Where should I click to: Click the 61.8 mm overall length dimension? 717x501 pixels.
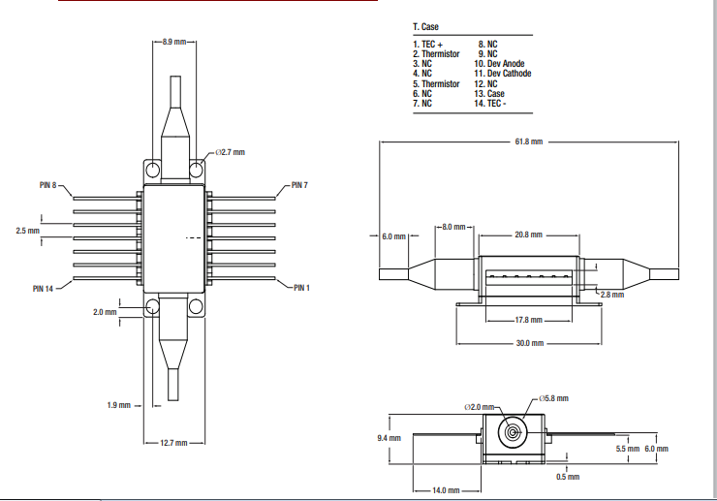tap(528, 141)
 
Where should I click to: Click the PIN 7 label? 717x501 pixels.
tap(298, 185)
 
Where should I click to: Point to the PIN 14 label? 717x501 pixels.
tap(44, 288)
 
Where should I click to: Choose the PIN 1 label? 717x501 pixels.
tap(301, 288)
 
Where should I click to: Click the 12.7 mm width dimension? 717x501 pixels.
tap(174, 443)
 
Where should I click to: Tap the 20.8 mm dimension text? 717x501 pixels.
tap(528, 235)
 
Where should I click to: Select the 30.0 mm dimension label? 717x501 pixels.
tap(529, 343)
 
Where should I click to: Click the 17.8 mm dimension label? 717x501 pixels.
tap(529, 319)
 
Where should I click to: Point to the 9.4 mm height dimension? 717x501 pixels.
tap(388, 438)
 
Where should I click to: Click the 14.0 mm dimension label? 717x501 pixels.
tap(447, 490)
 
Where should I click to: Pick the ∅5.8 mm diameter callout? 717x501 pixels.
tap(554, 398)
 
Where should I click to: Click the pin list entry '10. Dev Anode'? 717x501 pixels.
tap(499, 64)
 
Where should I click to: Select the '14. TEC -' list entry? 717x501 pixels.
tap(492, 103)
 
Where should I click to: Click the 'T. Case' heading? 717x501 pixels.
tap(425, 26)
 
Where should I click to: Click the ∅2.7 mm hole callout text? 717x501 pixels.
tap(231, 153)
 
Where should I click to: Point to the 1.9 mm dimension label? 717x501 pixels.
tap(118, 405)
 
